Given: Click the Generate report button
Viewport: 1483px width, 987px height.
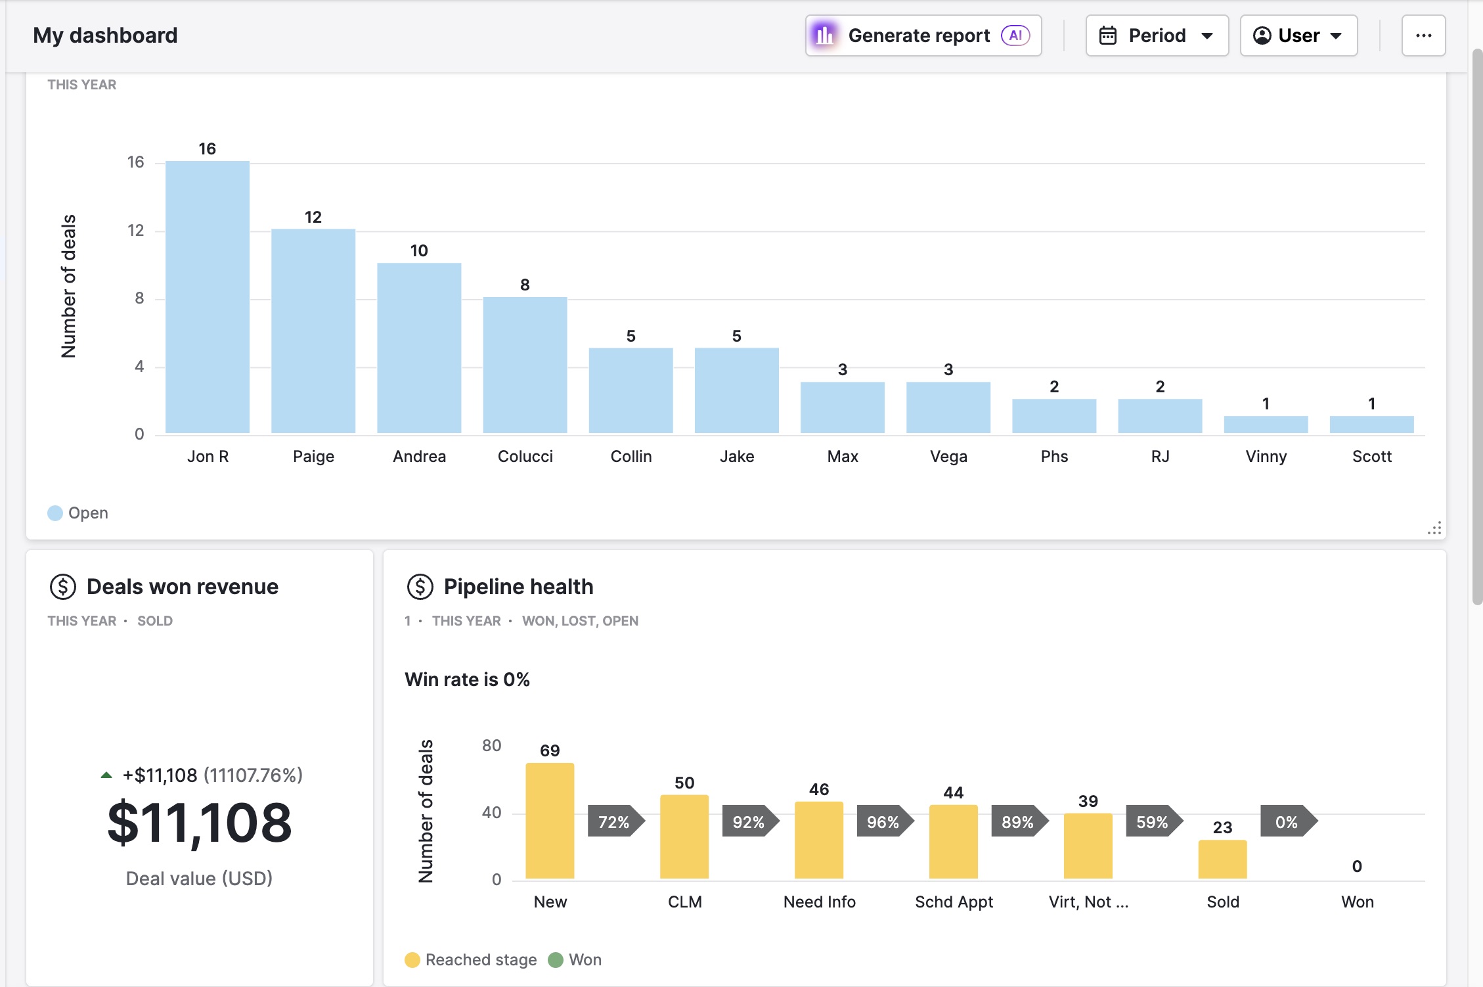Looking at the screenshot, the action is pyautogui.click(x=923, y=35).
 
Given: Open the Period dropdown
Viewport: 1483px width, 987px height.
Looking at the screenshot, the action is pyautogui.click(x=1157, y=35).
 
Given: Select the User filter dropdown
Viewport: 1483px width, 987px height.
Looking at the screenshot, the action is pyautogui.click(x=1298, y=35).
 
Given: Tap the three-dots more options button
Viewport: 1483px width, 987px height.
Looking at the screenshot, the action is pyautogui.click(x=1423, y=35).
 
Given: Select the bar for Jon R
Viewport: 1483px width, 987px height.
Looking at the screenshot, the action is pyautogui.click(x=208, y=297).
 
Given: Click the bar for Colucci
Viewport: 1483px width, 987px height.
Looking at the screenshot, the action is pyautogui.click(x=525, y=365).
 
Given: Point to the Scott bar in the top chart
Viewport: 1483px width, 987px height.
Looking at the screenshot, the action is pyautogui.click(x=1371, y=425).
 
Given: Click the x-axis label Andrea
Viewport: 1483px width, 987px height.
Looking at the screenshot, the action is pyautogui.click(x=419, y=456).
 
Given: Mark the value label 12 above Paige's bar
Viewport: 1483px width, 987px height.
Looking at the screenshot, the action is pyautogui.click(x=313, y=217).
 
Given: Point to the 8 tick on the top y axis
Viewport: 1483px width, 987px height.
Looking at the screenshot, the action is pyautogui.click(x=139, y=298).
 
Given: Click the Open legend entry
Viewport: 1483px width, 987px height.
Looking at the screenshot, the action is pyautogui.click(x=78, y=513).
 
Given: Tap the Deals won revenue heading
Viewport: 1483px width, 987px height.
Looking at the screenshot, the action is pyautogui.click(x=183, y=586).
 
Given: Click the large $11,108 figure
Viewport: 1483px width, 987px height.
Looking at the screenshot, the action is pyautogui.click(x=200, y=823).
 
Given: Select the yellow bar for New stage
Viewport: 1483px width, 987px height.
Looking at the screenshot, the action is pyautogui.click(x=550, y=821).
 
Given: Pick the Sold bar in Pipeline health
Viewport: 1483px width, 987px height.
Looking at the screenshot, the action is pyautogui.click(x=1222, y=860).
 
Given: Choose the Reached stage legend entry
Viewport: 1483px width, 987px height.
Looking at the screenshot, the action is pyautogui.click(x=471, y=960).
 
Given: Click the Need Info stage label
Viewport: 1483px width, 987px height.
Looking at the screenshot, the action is pyautogui.click(x=819, y=902).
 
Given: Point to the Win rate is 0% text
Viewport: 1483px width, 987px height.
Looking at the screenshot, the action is pyautogui.click(x=467, y=679).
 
